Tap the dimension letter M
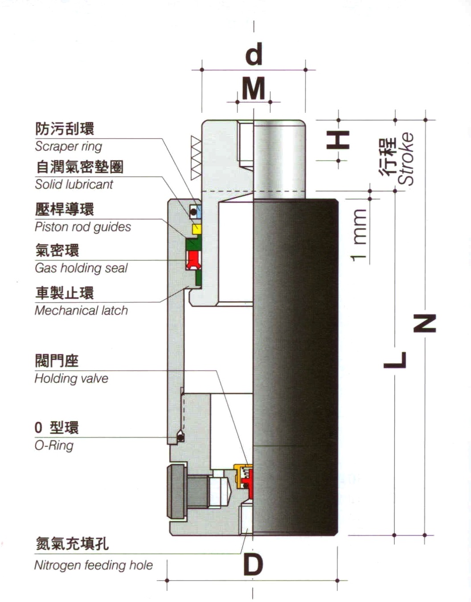point(254,88)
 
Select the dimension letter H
point(338,140)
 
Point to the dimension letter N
point(425,323)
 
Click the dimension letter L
point(395,360)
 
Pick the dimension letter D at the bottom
point(253,565)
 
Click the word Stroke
point(405,159)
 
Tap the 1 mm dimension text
point(359,235)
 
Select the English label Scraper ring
point(68,146)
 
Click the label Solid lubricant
point(74,184)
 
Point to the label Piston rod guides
point(83,227)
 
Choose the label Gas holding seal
point(81,268)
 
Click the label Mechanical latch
point(81,310)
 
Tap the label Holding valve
point(71,379)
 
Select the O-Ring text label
point(54,445)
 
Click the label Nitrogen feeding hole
point(94,565)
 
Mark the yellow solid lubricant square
point(197,229)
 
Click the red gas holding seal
point(194,260)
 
